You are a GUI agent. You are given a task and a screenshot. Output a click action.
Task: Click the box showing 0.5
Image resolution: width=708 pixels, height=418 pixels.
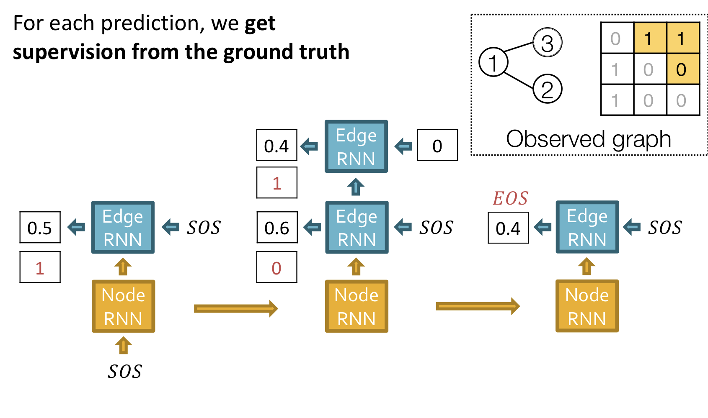(40, 228)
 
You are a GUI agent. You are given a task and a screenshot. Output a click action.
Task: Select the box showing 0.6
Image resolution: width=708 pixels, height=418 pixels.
(276, 228)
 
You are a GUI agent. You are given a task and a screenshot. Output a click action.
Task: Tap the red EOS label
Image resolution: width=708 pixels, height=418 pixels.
(510, 198)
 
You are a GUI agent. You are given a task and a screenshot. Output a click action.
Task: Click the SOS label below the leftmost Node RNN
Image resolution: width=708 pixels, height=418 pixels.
(124, 371)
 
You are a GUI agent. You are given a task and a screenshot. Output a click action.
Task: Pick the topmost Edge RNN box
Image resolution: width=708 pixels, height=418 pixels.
(356, 146)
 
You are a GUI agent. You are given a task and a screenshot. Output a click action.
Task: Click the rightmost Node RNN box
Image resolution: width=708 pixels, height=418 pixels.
(587, 306)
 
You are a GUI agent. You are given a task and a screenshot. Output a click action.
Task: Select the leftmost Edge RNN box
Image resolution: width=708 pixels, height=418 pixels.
(123, 228)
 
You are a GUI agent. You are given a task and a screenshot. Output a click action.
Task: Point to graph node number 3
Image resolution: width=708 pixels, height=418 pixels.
(547, 43)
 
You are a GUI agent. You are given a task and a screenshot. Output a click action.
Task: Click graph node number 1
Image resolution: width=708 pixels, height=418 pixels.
(493, 62)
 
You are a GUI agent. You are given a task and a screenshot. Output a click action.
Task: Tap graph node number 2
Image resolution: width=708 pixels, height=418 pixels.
(547, 89)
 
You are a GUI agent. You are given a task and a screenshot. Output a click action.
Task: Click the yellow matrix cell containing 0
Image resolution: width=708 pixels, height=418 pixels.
(682, 69)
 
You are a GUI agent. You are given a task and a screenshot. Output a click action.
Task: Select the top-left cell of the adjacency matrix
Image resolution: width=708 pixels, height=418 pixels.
(617, 38)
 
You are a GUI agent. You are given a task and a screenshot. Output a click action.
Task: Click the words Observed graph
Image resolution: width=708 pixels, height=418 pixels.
(588, 139)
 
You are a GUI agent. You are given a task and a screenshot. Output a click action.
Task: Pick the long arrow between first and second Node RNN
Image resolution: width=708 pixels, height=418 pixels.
(235, 309)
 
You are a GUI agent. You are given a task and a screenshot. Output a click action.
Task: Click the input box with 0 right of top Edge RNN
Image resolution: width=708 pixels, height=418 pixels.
(437, 145)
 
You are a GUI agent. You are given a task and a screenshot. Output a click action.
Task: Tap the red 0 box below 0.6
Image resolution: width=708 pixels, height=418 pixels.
(276, 267)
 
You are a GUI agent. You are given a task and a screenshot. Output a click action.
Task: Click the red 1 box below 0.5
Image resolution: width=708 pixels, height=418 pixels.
(40, 267)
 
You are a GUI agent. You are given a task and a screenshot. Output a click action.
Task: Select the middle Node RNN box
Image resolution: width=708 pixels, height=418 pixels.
(357, 306)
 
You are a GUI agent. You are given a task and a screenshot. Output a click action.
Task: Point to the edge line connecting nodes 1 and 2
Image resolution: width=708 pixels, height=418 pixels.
(518, 80)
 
